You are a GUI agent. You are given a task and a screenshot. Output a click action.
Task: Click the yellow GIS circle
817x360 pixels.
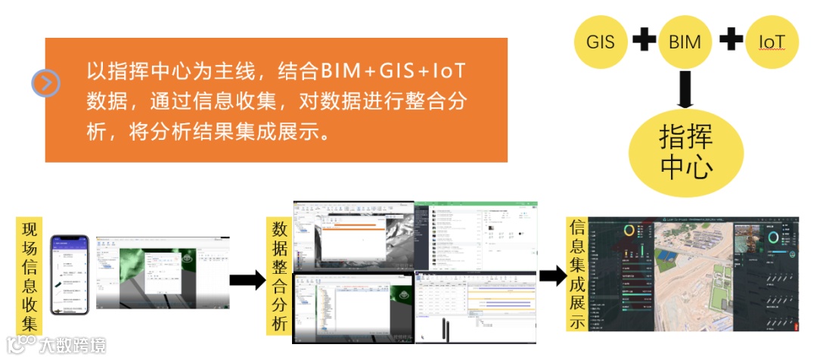(x=601, y=42)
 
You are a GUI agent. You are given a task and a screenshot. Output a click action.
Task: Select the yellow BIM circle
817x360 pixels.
(x=685, y=42)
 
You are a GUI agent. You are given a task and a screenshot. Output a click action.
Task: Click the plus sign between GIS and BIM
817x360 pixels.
(x=644, y=40)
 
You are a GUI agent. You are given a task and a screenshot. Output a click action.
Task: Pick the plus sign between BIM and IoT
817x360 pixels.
(x=730, y=40)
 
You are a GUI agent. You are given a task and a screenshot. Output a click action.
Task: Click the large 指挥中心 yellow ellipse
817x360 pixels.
(x=686, y=152)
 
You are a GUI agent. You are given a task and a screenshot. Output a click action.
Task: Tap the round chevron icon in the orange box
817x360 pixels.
(x=45, y=83)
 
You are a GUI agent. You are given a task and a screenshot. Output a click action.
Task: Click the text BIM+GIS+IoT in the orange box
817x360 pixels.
(x=393, y=72)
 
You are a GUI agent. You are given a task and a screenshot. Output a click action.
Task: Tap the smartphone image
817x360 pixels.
(x=70, y=275)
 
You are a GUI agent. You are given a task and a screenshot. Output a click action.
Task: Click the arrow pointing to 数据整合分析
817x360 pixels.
(x=247, y=281)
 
